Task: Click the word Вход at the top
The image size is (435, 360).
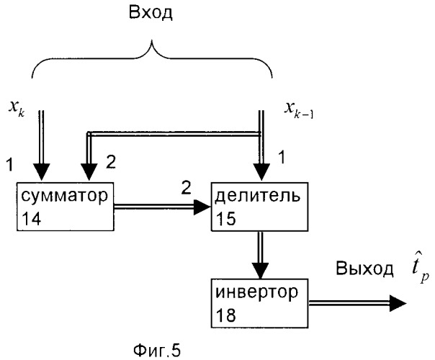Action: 151,13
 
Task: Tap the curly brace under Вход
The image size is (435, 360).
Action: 152,59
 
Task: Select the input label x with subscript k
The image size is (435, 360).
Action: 17,108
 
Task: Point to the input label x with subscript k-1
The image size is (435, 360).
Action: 298,110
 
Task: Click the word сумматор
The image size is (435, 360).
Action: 64,196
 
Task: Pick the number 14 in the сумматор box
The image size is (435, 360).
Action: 32,218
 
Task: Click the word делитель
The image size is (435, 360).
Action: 257,197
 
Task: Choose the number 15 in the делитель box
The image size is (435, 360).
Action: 226,218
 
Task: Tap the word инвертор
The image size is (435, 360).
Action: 257,293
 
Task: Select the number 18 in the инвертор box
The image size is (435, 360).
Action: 226,315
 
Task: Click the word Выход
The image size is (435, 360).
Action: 364,269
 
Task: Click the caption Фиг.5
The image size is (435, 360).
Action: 157,350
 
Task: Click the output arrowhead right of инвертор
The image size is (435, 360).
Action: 398,303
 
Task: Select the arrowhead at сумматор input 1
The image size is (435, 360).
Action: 41,172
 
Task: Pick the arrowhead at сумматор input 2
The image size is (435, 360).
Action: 89,172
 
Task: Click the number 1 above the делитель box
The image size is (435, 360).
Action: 282,158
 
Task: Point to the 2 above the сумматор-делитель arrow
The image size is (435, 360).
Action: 186,187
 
